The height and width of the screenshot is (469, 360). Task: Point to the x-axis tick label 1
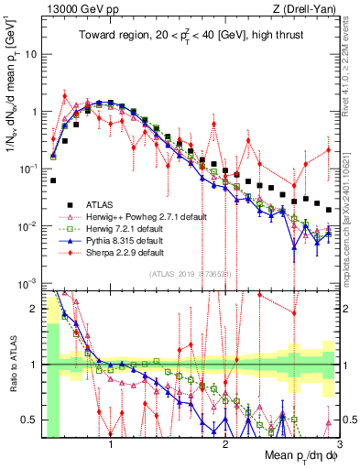click(x=111, y=444)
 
